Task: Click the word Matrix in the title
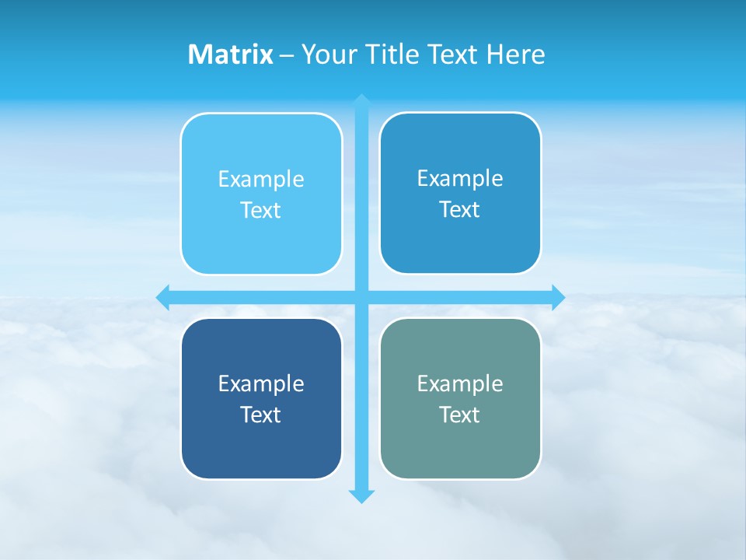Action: coord(230,54)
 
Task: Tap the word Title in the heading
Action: coord(393,54)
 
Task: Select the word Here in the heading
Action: coord(515,54)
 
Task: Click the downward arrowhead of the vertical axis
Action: coord(361,495)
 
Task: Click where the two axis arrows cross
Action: coord(361,297)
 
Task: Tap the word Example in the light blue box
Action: coord(261,180)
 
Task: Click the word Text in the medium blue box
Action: coord(460,210)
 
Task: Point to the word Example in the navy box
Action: coord(261,384)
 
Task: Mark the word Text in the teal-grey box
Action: coord(460,415)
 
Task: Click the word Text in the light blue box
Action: coord(261,211)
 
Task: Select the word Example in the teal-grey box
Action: coord(460,384)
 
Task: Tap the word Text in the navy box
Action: coord(261,415)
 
